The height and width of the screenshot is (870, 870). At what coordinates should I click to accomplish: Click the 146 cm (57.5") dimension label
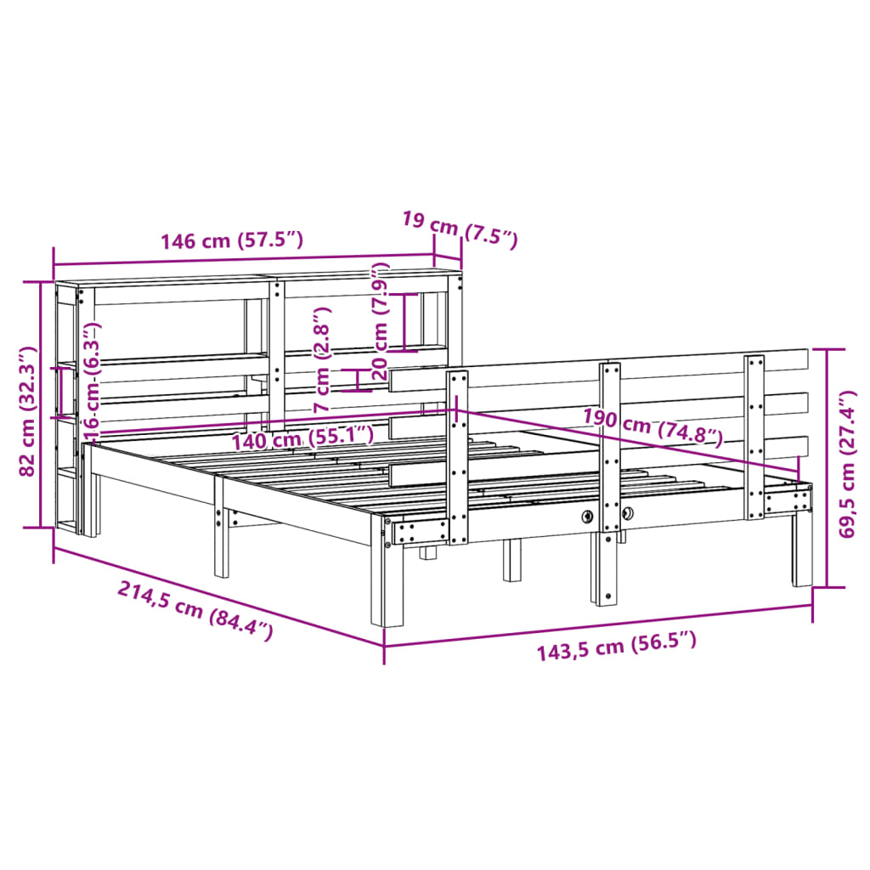[x=231, y=240]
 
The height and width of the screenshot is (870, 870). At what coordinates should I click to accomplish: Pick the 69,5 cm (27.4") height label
[x=846, y=465]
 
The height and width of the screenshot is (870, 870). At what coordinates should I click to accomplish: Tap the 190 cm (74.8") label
[x=653, y=427]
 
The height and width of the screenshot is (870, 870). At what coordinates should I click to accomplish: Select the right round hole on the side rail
[x=628, y=513]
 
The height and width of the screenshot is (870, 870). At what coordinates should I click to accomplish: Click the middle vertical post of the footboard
[x=608, y=476]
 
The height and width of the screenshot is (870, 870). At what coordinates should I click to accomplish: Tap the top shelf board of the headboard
[x=255, y=280]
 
